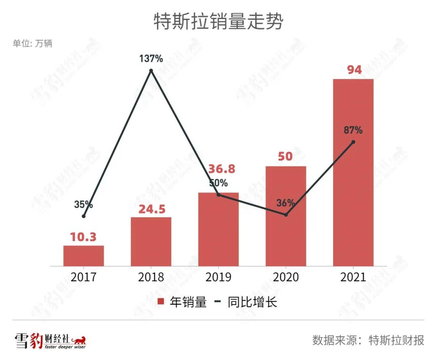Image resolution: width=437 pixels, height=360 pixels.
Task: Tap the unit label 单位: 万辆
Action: (32, 44)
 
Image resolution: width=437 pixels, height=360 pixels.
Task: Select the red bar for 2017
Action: (83, 256)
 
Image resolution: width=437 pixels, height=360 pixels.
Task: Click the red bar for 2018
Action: (151, 241)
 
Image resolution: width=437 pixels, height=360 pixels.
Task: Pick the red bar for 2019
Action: (218, 229)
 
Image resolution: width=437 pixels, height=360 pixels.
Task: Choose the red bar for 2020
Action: (286, 216)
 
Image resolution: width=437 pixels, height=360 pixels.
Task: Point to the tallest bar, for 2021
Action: (353, 172)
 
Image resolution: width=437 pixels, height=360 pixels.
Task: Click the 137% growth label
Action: (151, 59)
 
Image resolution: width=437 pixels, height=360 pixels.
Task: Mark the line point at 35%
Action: (83, 216)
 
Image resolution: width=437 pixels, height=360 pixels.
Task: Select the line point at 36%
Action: (286, 215)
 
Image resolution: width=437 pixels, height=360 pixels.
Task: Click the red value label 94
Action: (354, 70)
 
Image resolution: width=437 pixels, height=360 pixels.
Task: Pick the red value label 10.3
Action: (83, 237)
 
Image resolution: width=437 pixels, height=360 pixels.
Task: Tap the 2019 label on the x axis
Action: (218, 277)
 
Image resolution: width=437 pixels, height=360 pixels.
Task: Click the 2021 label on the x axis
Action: (353, 277)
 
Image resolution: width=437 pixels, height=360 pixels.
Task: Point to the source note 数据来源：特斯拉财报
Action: (368, 340)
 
